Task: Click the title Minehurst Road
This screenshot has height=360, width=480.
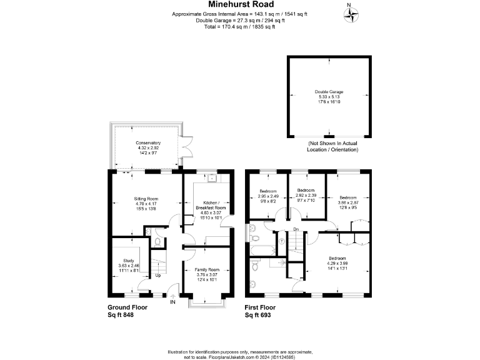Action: [239, 4]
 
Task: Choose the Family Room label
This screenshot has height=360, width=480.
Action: [206, 274]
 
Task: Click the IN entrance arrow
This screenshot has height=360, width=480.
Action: [172, 296]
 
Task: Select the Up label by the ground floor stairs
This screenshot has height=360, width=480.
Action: [157, 274]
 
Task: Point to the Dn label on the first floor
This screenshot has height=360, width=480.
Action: [296, 230]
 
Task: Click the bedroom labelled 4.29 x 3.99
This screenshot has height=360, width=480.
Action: [337, 262]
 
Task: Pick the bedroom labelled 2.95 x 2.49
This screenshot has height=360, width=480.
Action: [268, 196]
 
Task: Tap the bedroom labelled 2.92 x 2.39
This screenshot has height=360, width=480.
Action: [306, 194]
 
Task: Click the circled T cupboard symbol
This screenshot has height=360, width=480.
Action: [281, 241]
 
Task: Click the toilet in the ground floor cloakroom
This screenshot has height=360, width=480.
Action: [158, 241]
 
